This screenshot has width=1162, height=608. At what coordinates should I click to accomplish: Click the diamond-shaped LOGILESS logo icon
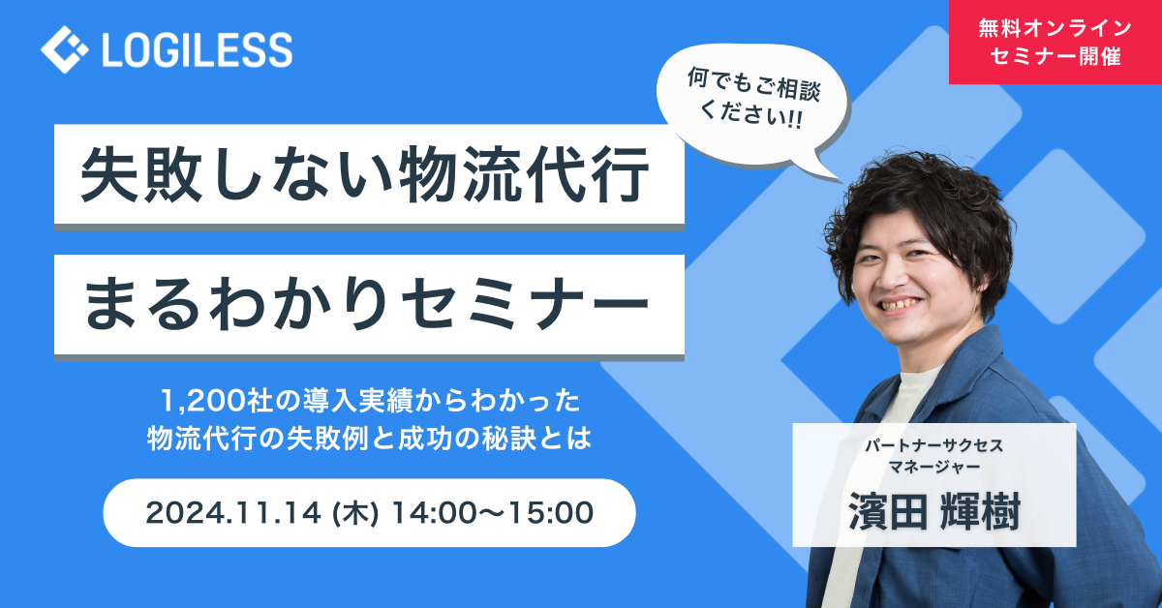pyautogui.click(x=64, y=49)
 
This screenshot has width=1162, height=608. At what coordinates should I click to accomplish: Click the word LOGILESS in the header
pyautogui.click(x=198, y=49)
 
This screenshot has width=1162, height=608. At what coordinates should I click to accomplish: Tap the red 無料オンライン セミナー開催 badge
pyautogui.click(x=1055, y=42)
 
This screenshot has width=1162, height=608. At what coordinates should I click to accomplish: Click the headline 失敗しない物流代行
pyautogui.click(x=365, y=175)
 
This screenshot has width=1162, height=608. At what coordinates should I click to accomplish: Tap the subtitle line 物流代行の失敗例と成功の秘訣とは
pyautogui.click(x=369, y=439)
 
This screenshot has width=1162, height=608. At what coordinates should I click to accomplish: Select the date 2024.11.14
pyautogui.click(x=233, y=513)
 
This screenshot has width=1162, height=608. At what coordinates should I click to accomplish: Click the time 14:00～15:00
pyautogui.click(x=493, y=513)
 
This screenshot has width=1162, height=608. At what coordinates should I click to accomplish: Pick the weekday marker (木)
pyautogui.click(x=355, y=513)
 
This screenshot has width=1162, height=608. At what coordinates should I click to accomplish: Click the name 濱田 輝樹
pyautogui.click(x=934, y=512)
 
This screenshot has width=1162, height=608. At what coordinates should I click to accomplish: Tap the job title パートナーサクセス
pyautogui.click(x=934, y=445)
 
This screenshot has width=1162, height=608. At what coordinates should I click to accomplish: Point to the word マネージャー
pyautogui.click(x=934, y=467)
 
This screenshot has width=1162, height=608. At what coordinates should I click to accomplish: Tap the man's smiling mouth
pyautogui.click(x=899, y=305)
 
